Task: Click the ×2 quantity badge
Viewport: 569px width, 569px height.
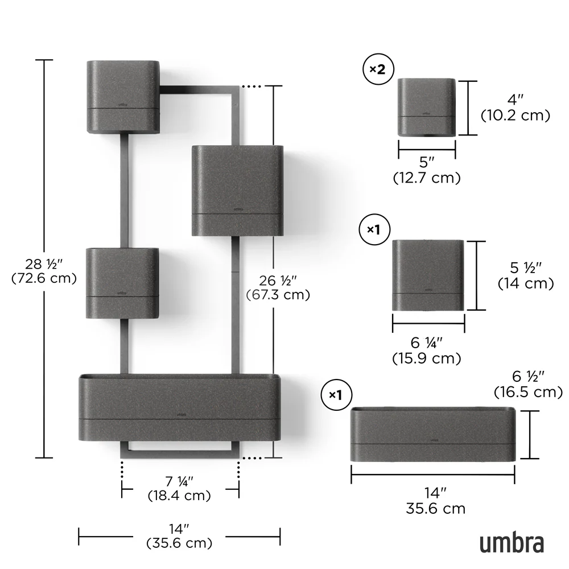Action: [378, 69]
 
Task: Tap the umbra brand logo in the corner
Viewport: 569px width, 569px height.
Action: [512, 543]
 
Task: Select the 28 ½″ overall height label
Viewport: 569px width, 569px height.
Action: [44, 264]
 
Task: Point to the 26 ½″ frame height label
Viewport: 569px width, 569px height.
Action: [278, 281]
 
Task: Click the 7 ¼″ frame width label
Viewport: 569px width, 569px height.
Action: [179, 481]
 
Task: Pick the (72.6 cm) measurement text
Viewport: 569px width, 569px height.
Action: [44, 278]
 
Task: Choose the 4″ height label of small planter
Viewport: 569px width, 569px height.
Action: [516, 100]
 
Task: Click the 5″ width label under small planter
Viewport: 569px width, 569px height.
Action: [427, 162]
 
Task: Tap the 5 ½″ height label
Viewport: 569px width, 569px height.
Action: [525, 268]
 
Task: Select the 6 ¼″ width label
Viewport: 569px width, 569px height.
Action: [426, 343]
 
